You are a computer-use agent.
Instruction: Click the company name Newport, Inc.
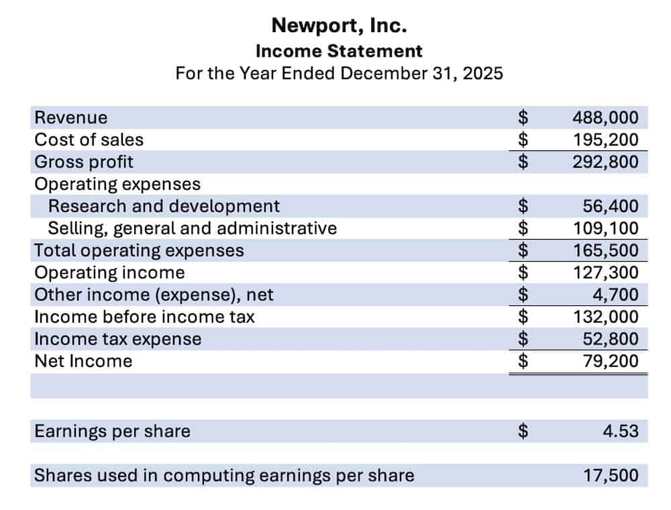tap(339, 26)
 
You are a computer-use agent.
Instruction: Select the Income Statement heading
tap(339, 50)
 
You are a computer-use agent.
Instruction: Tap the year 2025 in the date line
tap(482, 72)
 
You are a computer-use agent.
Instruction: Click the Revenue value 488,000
tap(605, 117)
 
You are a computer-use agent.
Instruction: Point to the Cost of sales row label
tap(89, 140)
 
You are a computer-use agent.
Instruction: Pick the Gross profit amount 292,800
tap(605, 162)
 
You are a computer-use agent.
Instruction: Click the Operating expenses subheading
tap(117, 184)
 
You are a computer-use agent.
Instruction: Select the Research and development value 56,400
tap(611, 206)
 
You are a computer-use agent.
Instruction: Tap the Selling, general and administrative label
tap(193, 228)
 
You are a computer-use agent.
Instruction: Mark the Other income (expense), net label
tap(154, 295)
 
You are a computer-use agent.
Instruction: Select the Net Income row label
tap(83, 361)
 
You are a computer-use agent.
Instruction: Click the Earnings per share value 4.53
tap(620, 431)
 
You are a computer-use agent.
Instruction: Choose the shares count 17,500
tap(611, 476)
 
